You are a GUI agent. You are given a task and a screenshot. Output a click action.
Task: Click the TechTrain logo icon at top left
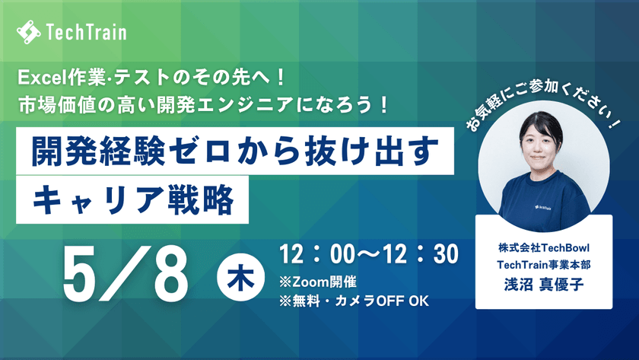tap(29, 33)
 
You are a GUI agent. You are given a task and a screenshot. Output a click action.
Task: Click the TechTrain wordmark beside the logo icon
tap(86, 33)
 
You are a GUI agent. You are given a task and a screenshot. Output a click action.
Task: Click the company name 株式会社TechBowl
tap(543, 249)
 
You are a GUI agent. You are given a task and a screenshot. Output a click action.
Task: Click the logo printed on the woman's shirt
tap(542, 205)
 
